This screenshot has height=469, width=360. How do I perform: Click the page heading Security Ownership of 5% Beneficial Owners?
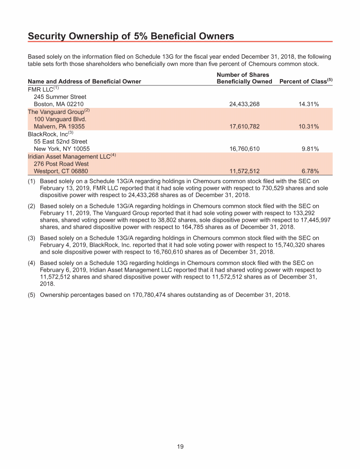pos(131,36)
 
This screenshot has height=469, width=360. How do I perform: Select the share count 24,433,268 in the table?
pos(244,104)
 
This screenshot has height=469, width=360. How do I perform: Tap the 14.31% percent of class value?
pos(308,104)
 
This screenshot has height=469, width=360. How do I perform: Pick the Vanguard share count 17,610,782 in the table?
pos(244,127)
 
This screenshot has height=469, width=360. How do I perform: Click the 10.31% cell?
pos(308,127)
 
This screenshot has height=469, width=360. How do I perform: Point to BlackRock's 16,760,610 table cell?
pos(244,149)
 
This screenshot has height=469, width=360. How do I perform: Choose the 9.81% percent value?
pos(310,149)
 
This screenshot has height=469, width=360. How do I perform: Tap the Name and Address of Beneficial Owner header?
pos(84,82)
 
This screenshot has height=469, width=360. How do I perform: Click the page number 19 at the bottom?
pos(180,446)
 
